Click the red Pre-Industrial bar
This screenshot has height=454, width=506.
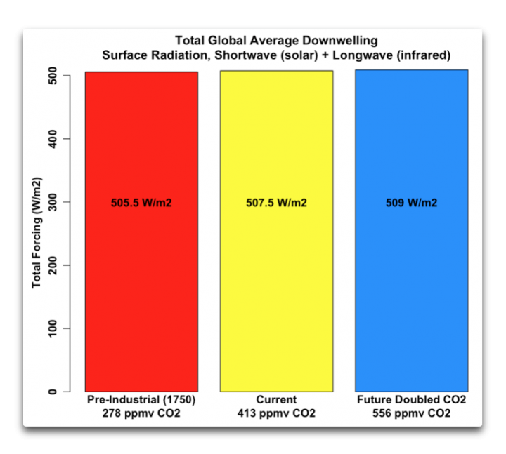point(141,281)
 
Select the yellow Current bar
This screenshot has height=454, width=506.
point(276,281)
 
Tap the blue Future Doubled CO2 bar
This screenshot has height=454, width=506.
point(411,281)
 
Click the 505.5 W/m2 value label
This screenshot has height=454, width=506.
point(141,203)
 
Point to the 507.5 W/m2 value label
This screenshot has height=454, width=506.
point(276,203)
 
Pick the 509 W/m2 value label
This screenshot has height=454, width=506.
point(411,203)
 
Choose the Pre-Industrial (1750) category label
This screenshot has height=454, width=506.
point(141,401)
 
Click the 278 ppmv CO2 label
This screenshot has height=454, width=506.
point(141,413)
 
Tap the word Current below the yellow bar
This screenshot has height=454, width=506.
point(276,401)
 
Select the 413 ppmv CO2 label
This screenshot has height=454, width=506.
point(276,413)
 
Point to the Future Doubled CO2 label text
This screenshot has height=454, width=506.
point(411,401)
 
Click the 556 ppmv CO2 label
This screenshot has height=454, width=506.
point(411,413)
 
